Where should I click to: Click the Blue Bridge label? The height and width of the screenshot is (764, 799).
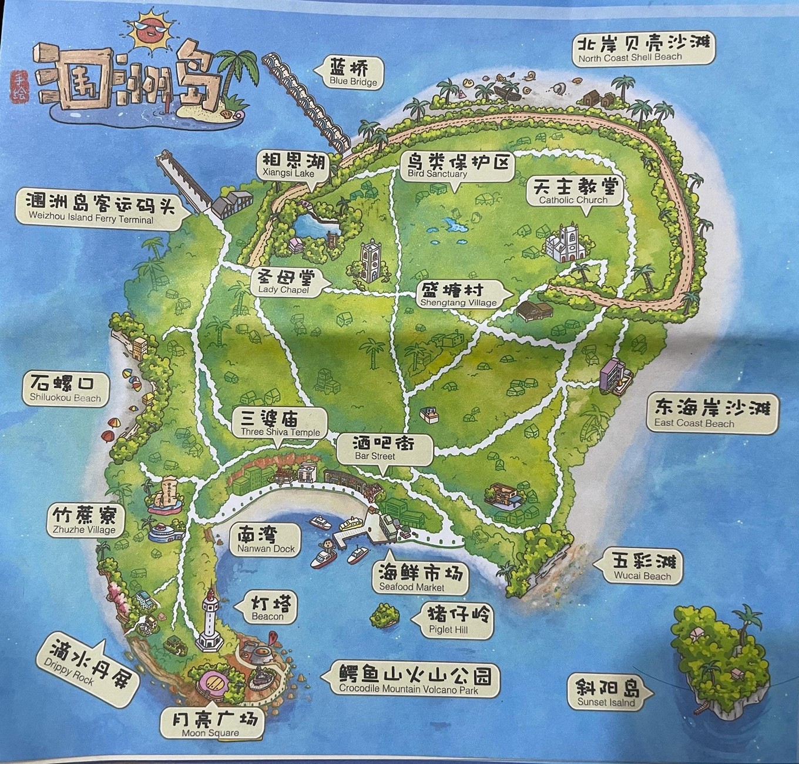[x=353, y=73]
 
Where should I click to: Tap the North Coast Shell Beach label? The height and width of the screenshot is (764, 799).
[x=643, y=48]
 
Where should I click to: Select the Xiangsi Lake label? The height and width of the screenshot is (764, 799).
[x=288, y=165]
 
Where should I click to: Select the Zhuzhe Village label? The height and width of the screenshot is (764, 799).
[x=85, y=521]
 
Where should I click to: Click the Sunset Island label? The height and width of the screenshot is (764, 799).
[x=606, y=694]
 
